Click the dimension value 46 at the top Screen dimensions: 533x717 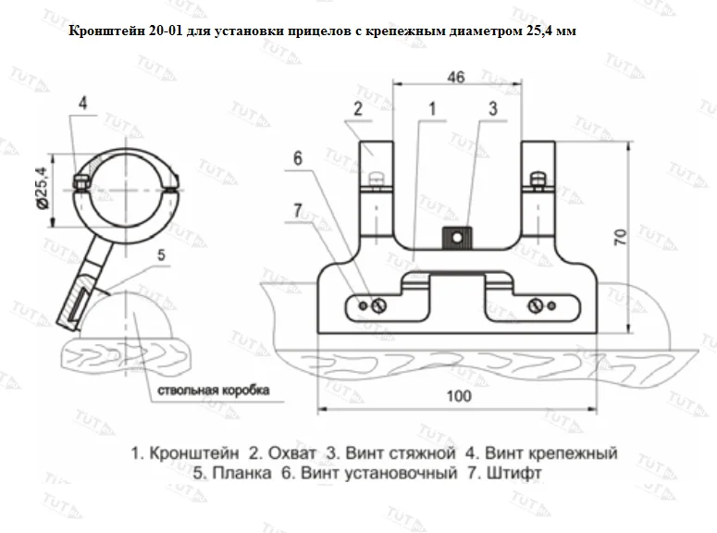tap(455, 78)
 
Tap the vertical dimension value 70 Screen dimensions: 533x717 tap(621, 237)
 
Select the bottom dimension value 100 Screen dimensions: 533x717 tap(457, 395)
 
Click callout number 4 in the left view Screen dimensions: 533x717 tap(82, 102)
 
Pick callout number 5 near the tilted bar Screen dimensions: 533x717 tap(161, 254)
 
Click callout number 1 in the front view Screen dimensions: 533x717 tap(431, 109)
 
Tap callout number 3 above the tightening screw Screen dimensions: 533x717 tap(492, 109)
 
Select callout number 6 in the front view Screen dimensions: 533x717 tap(297, 158)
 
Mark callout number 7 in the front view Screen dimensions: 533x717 tap(297, 211)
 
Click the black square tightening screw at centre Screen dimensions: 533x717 tap(455, 240)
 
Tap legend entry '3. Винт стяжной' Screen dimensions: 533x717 tap(391, 454)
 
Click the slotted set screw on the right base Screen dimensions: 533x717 tap(535, 305)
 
